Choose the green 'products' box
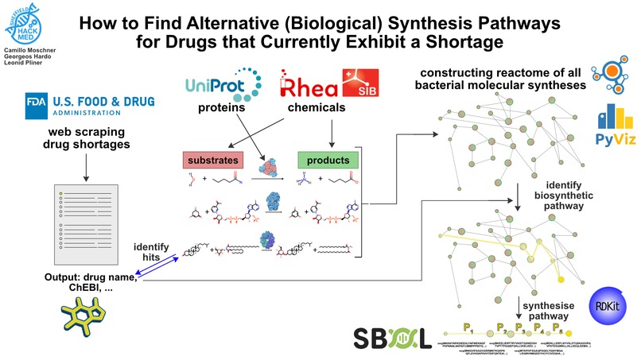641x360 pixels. [x=324, y=161]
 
